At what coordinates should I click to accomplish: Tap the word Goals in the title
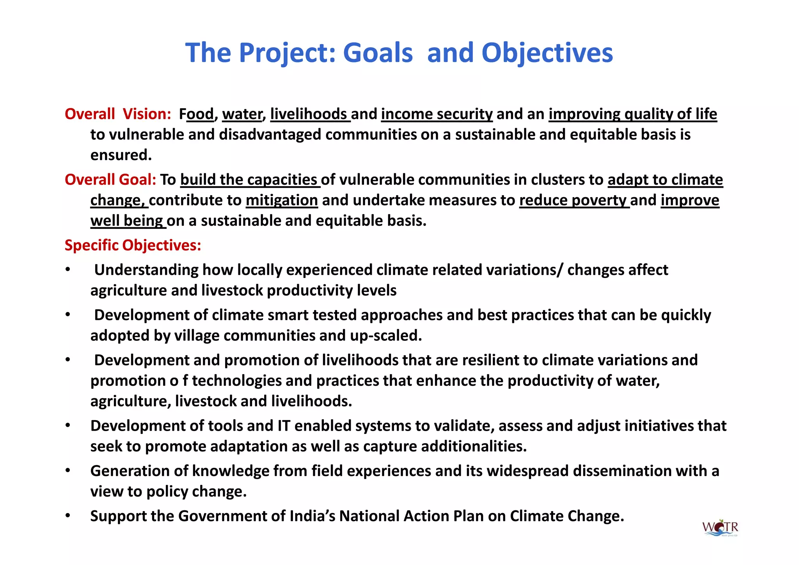(x=378, y=53)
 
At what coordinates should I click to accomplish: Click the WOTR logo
(x=720, y=528)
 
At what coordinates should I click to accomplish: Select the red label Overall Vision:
(x=118, y=114)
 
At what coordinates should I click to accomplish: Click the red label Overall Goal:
(x=110, y=180)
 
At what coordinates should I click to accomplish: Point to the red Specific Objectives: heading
(x=133, y=245)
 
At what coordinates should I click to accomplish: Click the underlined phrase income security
(x=437, y=114)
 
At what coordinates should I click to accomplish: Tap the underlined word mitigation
(x=282, y=200)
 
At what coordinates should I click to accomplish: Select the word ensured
(x=121, y=155)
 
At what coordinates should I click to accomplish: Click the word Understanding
(x=146, y=270)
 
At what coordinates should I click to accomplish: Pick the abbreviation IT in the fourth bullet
(x=284, y=426)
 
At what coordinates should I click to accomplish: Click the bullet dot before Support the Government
(x=68, y=516)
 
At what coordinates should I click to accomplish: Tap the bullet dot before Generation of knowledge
(x=68, y=471)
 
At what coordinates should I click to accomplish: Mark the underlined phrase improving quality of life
(x=632, y=114)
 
